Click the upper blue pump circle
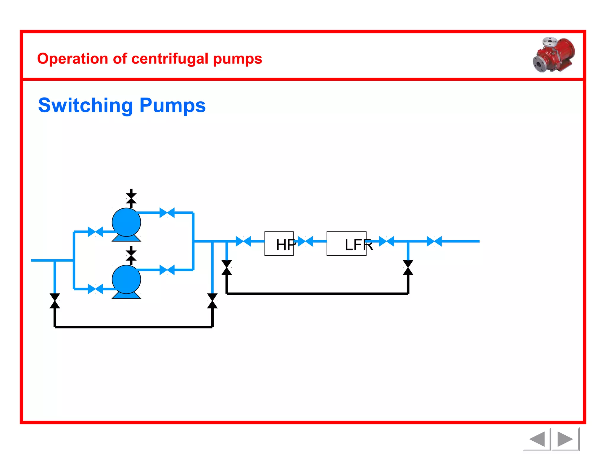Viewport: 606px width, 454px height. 126,222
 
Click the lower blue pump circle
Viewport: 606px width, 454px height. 126,279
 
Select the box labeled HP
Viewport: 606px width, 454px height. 279,244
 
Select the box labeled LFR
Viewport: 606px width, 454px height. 346,244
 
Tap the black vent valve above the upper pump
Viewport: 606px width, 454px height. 131,199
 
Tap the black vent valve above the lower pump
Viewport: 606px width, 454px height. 131,256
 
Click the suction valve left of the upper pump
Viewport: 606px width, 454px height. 95,232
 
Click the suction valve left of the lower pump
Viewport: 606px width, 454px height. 95,289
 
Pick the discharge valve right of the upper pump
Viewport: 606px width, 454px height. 167,213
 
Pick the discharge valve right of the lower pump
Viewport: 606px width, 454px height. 167,270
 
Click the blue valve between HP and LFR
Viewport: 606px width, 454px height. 305,241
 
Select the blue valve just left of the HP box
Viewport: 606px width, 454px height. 243,241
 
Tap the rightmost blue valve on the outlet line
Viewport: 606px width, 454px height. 434,241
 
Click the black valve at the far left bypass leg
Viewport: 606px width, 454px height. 55,301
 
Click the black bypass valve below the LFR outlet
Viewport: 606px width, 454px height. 408,267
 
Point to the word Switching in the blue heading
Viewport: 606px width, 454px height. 86,106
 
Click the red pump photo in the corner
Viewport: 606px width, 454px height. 554,55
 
